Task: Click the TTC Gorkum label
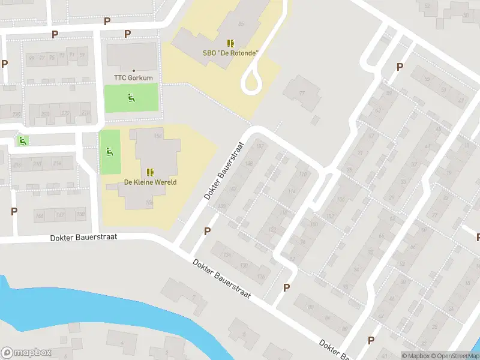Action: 133,78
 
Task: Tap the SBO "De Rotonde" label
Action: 230,53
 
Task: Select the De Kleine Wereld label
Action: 150,182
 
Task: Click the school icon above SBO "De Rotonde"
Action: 230,43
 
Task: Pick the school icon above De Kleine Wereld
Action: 149,172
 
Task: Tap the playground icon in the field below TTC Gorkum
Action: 131,97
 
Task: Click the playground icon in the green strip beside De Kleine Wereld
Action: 109,152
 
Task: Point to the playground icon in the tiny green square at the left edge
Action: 23,141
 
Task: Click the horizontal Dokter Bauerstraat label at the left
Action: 83,238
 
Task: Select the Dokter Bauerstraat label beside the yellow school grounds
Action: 226,172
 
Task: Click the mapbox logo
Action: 26,353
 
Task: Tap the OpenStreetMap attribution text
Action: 454,356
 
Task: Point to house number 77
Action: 301,93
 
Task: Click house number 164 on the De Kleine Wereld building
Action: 158,136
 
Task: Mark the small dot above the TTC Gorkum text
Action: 133,71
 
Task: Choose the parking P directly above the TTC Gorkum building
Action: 127,34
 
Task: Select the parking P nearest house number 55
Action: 400,67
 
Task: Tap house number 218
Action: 86,113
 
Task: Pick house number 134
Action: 227,255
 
